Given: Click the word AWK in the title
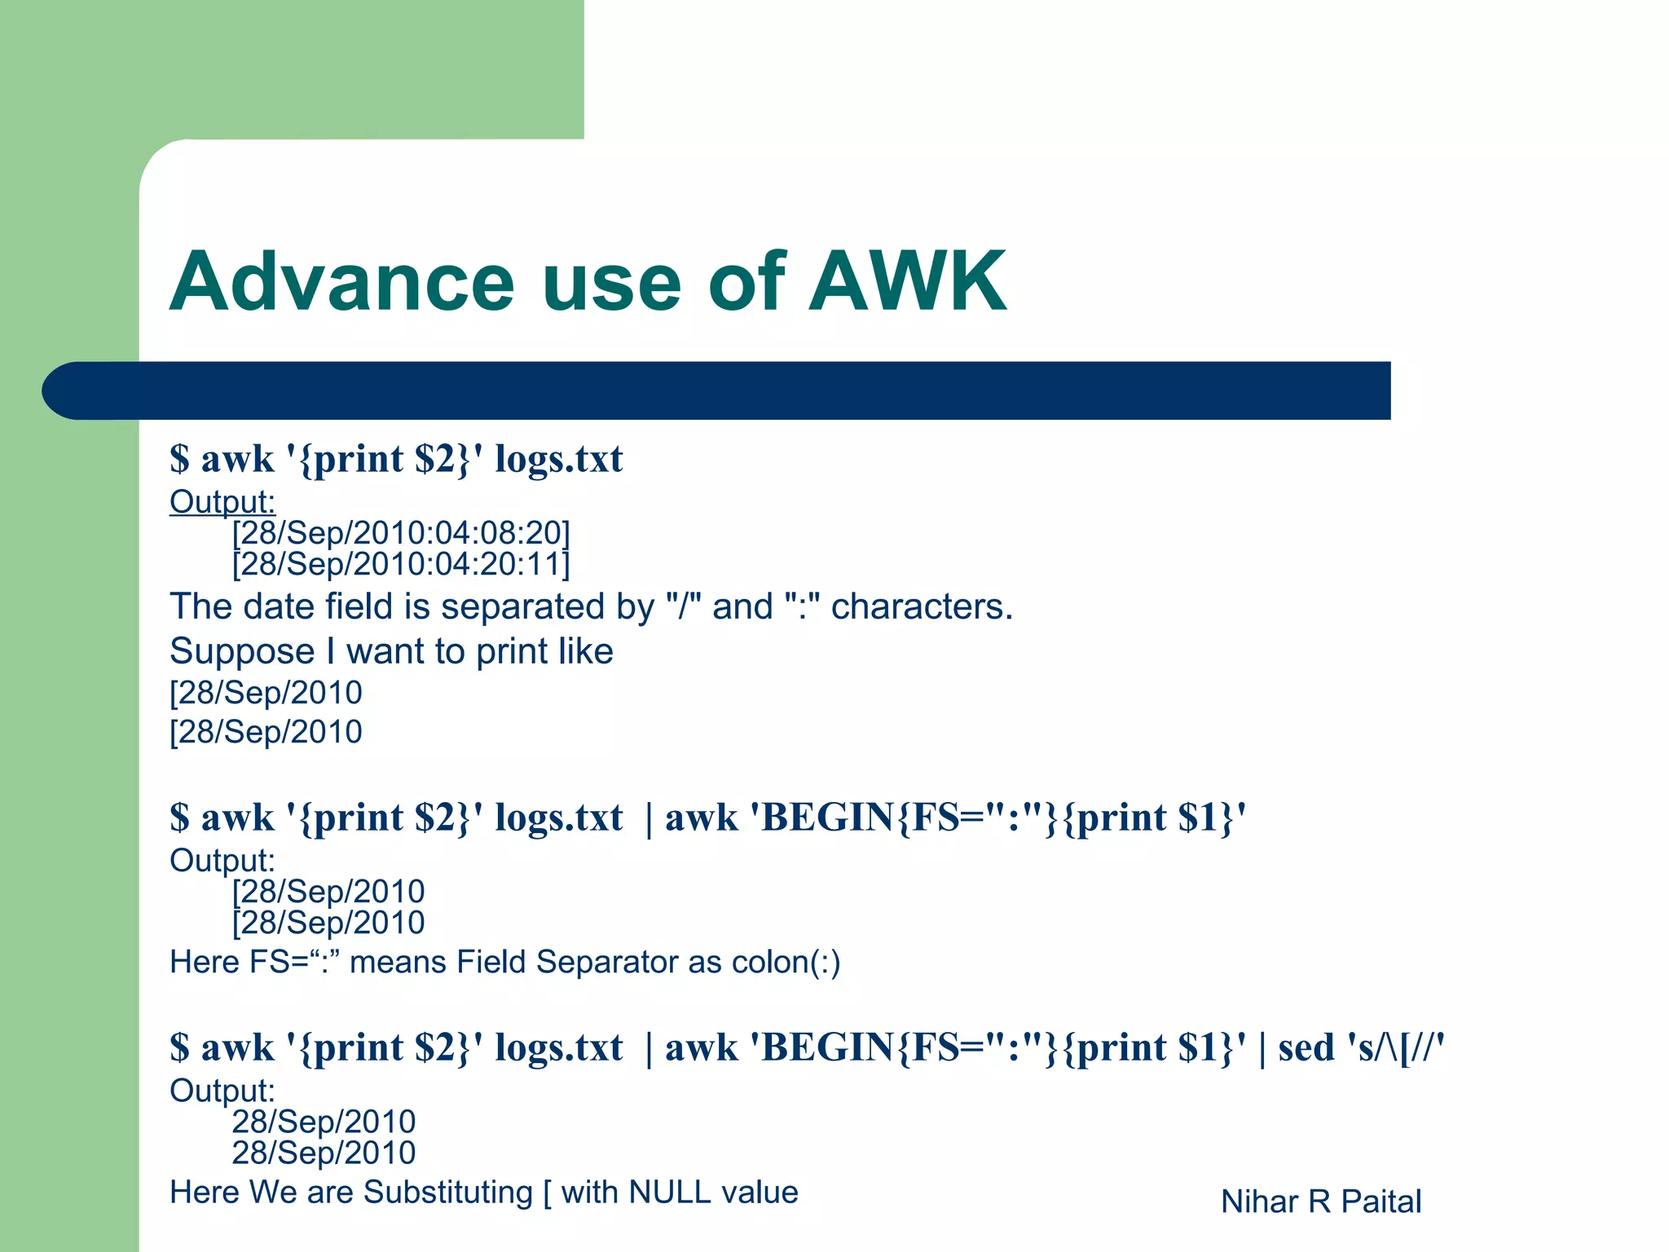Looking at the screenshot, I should tap(907, 282).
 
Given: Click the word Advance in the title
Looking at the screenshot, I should tap(342, 282).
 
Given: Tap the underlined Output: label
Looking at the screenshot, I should tap(222, 502).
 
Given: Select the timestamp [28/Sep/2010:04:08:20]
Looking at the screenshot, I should tap(401, 533).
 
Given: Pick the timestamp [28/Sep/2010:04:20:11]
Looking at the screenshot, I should tap(401, 564).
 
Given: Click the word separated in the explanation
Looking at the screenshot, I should tap(548, 606).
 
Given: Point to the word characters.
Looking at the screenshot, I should tap(922, 606).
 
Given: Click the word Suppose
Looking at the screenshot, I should tap(242, 651).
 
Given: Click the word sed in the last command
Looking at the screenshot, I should tap(1306, 1047).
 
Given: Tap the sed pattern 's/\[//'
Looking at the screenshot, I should tap(1396, 1047).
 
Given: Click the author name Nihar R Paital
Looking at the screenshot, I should tap(1321, 1201).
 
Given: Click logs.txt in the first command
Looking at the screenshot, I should tap(558, 459).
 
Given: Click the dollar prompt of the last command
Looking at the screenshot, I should tap(179, 1047).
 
